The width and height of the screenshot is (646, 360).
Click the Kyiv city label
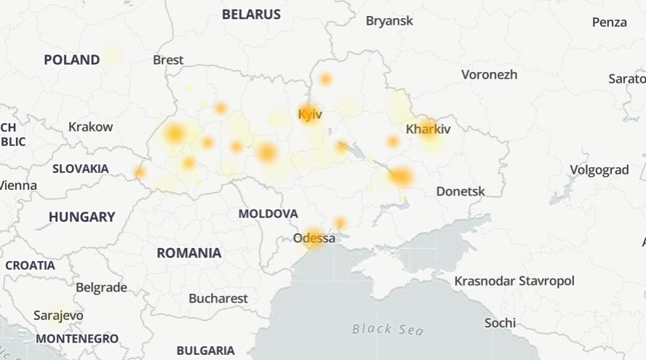pos(310,114)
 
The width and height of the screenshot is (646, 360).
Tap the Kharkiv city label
pos(428,129)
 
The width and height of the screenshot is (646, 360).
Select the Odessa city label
pos(314,239)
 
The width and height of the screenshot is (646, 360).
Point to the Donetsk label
pos(460,191)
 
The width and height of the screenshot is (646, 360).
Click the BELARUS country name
pos(251,15)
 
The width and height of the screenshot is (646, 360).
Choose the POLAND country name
pos(71,60)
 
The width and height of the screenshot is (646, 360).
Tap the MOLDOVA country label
pos(268,214)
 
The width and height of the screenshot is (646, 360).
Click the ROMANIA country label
pos(188,253)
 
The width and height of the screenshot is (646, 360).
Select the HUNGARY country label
pos(81,217)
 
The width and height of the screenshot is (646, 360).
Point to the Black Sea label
pos(388,329)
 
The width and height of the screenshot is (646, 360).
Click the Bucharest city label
pos(218,298)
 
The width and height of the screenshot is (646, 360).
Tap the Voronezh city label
pos(489,74)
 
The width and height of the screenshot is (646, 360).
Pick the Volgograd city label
pos(599,170)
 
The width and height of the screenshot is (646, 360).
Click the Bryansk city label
pos(389,20)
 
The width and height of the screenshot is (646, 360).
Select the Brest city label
pos(168,60)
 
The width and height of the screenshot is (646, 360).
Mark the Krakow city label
pos(90,127)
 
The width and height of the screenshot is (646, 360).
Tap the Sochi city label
pos(500,322)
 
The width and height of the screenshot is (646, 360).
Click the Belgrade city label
pos(101,287)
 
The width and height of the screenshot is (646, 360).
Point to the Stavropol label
pos(546,281)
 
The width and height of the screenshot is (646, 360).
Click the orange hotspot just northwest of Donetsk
pos(401,177)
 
